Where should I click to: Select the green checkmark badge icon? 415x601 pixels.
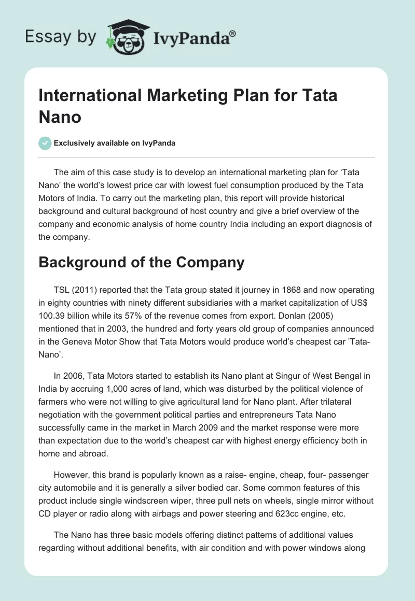[45, 143]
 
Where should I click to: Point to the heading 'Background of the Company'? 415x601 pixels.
[142, 262]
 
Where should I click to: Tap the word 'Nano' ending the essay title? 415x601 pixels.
[60, 117]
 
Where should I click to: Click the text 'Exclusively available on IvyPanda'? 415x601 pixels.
[115, 143]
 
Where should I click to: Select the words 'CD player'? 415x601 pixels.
[59, 502]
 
